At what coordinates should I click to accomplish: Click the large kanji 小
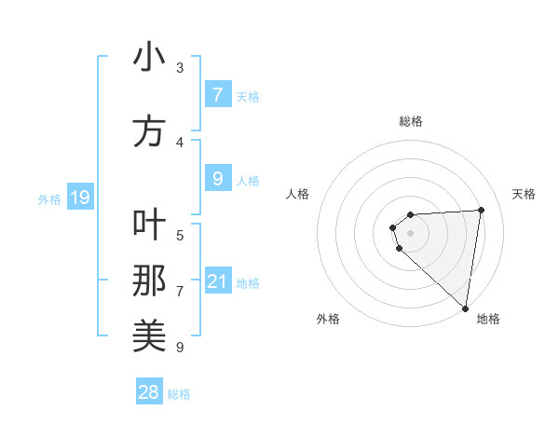pyautogui.click(x=149, y=58)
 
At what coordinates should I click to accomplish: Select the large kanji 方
pyautogui.click(x=149, y=131)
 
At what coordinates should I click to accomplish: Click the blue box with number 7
pyautogui.click(x=217, y=94)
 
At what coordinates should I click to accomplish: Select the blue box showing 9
pyautogui.click(x=217, y=179)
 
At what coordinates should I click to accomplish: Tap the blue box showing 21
pyautogui.click(x=217, y=281)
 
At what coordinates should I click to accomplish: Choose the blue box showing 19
pyautogui.click(x=79, y=198)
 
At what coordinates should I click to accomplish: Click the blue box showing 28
pyautogui.click(x=148, y=392)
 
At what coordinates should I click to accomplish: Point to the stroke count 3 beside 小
pyautogui.click(x=180, y=68)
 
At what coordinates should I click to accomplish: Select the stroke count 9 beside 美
pyautogui.click(x=180, y=348)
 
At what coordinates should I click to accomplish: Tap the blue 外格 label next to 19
pyautogui.click(x=48, y=198)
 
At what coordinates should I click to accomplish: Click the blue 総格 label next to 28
pyautogui.click(x=179, y=394)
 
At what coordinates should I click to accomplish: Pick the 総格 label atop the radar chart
pyautogui.click(x=411, y=121)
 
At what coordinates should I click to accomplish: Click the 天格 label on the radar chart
pyautogui.click(x=524, y=194)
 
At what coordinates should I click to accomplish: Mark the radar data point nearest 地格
pyautogui.click(x=466, y=308)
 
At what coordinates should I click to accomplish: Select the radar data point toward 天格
pyautogui.click(x=481, y=210)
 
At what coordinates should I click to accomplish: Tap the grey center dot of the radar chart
pyautogui.click(x=410, y=233)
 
